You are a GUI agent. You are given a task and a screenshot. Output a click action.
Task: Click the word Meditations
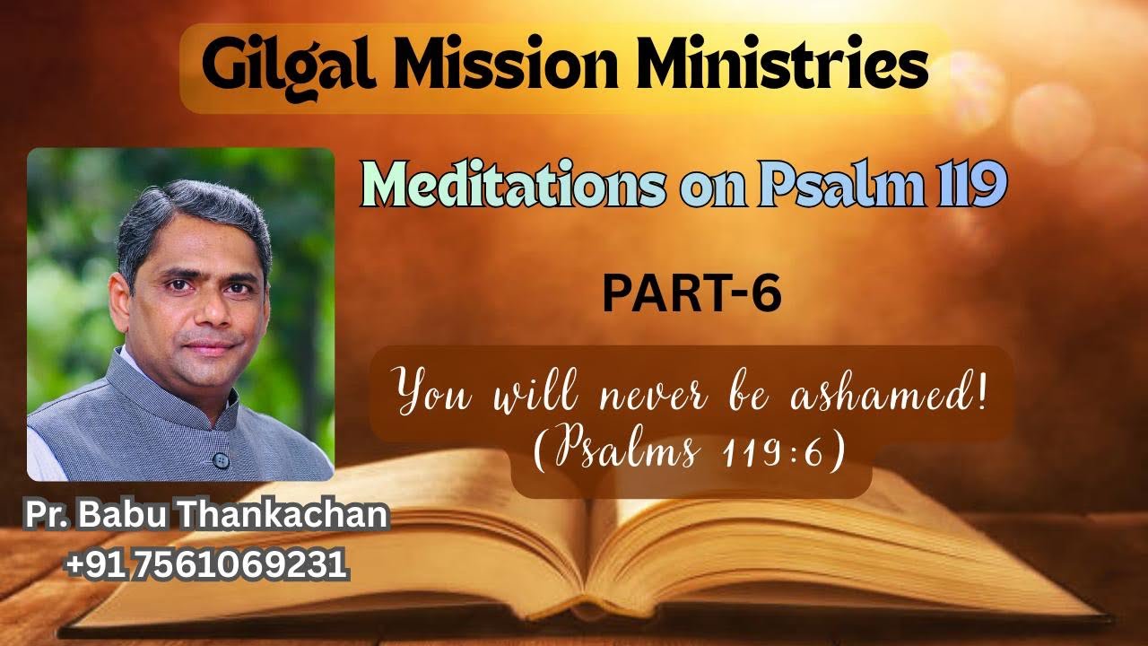[x=512, y=188]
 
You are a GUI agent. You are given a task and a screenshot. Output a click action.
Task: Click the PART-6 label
[x=691, y=295]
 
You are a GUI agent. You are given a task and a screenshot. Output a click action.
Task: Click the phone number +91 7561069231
[x=206, y=564]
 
